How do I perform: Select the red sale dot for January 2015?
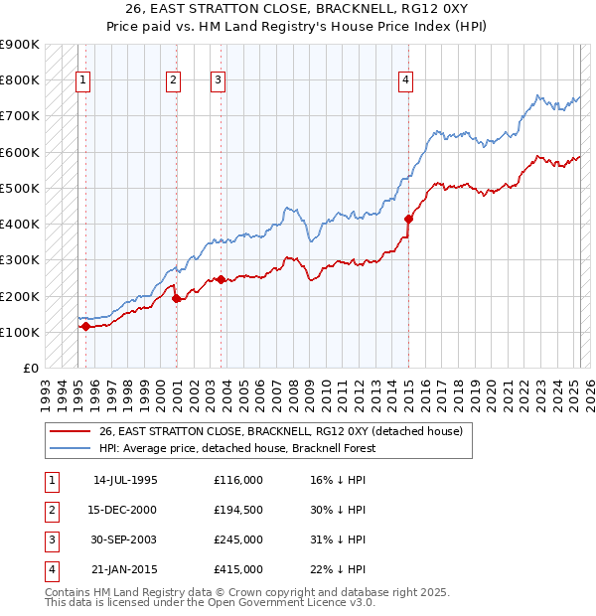coord(408,219)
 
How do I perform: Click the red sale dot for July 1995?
coord(85,326)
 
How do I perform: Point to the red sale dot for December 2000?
coord(176,298)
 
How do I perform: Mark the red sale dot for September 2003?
coord(222,280)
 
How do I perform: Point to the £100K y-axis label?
coord(20,332)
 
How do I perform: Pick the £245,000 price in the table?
coord(238,539)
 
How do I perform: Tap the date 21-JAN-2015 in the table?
coord(125,569)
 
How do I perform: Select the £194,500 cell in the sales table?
coord(238,510)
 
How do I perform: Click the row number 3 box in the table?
coord(51,539)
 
